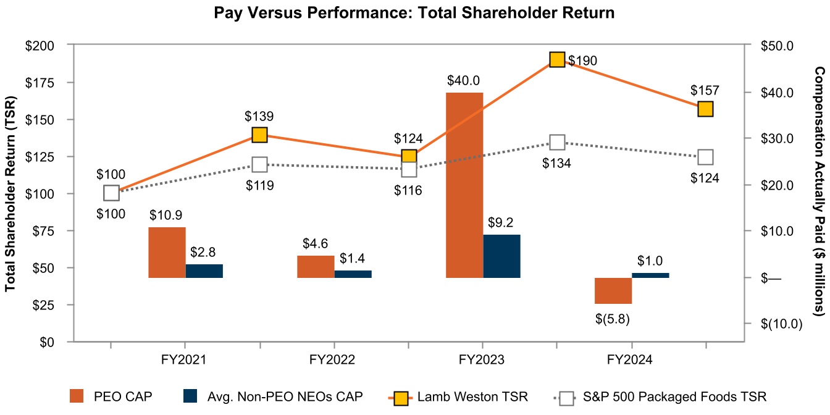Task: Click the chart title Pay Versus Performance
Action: tap(414, 12)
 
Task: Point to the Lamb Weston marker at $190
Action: tap(557, 59)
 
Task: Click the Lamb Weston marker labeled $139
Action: tap(260, 135)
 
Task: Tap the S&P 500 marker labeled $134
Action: tap(557, 143)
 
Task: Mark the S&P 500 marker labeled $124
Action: tap(705, 157)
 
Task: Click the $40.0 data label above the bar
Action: tap(464, 81)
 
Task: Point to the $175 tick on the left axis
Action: tap(40, 83)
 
